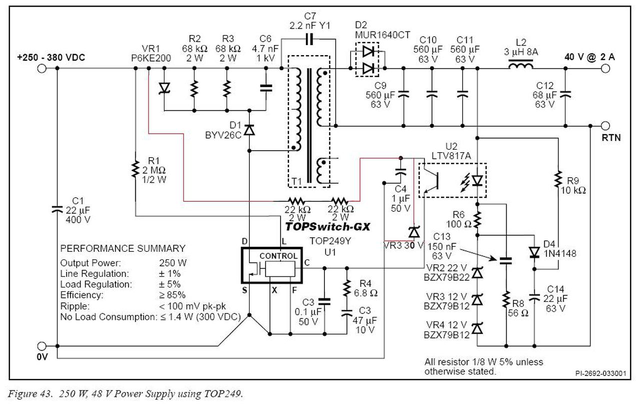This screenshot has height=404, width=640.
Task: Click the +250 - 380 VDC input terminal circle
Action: tap(41, 69)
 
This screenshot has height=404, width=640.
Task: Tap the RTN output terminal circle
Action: tap(605, 126)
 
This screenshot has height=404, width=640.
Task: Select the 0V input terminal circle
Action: tap(41, 346)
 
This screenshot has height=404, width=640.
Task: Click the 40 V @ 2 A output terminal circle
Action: tap(605, 69)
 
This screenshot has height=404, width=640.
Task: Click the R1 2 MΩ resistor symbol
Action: tap(135, 169)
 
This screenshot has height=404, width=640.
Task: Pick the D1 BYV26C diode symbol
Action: tap(249, 130)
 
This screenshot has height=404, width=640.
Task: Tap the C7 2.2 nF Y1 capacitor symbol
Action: tap(309, 39)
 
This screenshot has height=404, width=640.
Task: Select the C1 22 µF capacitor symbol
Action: tap(57, 209)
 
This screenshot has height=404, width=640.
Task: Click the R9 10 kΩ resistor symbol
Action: tap(557, 179)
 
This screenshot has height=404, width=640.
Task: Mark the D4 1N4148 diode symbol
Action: tap(534, 252)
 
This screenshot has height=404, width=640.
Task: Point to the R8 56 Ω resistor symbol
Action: tap(506, 299)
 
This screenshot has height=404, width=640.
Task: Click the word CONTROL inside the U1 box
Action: tap(278, 256)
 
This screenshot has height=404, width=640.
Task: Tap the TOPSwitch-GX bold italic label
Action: tap(327, 227)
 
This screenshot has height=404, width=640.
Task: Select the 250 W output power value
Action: tap(173, 263)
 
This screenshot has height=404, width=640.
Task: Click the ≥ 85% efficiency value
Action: tap(172, 295)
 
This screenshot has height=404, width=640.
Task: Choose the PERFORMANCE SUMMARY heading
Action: tap(123, 248)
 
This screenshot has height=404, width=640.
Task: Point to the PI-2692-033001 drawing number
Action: tap(600, 373)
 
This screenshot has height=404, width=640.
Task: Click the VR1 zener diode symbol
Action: tap(164, 88)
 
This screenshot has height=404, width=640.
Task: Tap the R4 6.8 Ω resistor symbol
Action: tap(347, 288)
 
